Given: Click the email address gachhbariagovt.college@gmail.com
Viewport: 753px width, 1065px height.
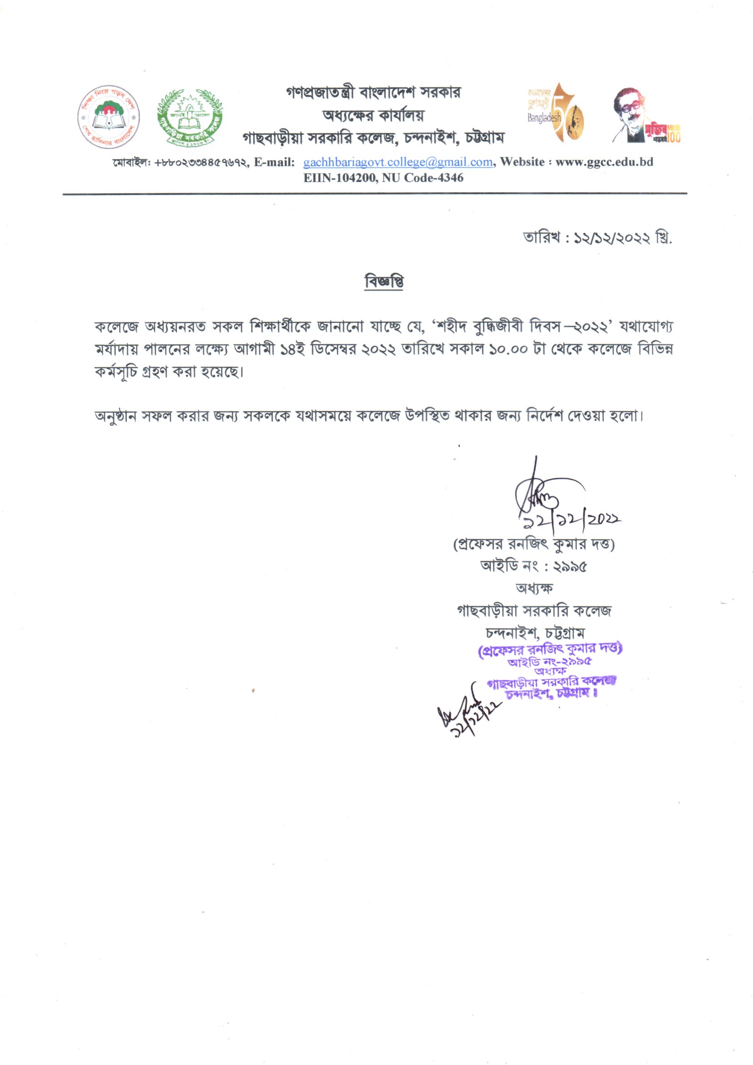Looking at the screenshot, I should (x=397, y=162).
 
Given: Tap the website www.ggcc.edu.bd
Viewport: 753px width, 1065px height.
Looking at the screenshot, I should (x=604, y=162).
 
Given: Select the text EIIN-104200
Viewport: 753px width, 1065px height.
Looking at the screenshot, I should (x=340, y=178).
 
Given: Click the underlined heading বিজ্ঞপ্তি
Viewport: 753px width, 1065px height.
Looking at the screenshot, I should (x=384, y=282).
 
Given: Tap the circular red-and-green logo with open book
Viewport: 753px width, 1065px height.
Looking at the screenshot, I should (x=108, y=117).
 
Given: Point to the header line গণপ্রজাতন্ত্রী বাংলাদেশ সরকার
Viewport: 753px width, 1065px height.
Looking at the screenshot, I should (x=373, y=93).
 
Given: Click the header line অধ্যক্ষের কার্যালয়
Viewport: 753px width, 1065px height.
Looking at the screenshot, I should (x=373, y=115).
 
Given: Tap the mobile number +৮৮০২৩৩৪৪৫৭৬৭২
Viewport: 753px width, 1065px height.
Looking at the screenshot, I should (x=202, y=163).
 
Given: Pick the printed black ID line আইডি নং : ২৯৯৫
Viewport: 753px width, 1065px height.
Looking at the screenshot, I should (x=534, y=566).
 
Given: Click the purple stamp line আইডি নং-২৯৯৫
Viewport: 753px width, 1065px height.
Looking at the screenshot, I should (x=549, y=662).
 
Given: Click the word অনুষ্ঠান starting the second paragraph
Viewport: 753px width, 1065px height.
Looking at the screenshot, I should (x=115, y=416).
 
